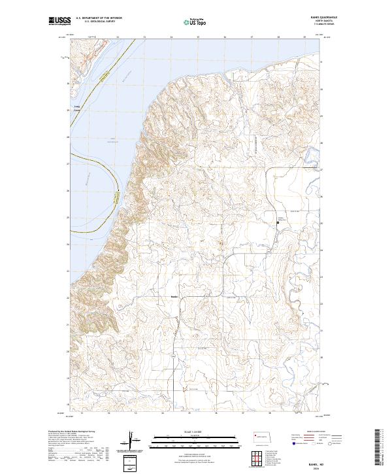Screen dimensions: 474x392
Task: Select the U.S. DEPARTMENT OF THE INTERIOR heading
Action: click(x=99, y=18)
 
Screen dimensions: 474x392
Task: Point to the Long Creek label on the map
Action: click(x=78, y=108)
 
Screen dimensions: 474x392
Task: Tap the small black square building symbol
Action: click(x=278, y=222)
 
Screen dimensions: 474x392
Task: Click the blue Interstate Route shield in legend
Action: click(x=287, y=443)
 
